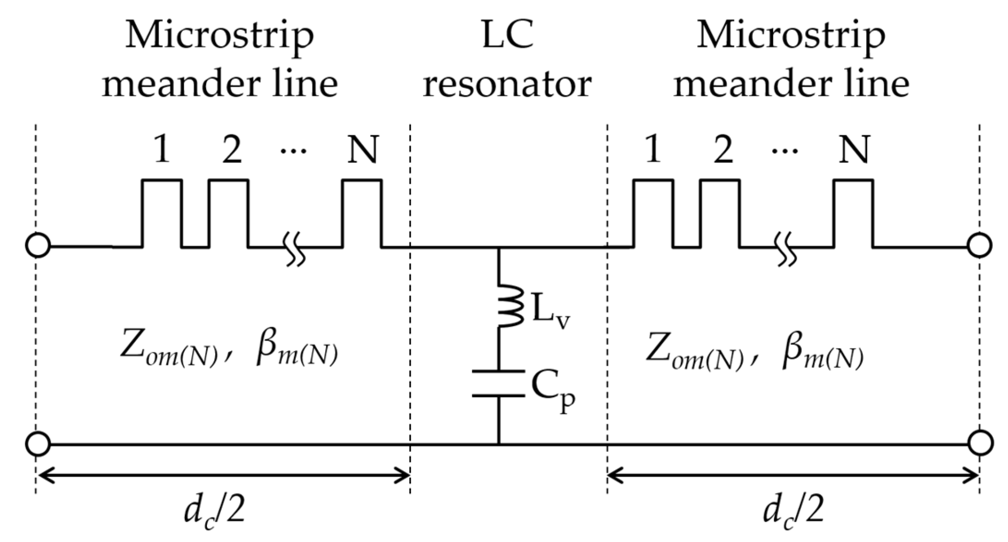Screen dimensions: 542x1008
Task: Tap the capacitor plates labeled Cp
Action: [x=498, y=383]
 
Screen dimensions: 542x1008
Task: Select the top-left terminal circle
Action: [x=38, y=245]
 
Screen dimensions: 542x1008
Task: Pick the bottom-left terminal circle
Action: [x=38, y=444]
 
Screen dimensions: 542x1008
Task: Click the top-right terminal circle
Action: [x=980, y=245]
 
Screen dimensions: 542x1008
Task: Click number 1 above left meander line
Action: [x=161, y=149]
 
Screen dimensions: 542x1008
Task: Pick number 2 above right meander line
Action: [x=723, y=149]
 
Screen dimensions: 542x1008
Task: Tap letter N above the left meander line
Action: [x=362, y=149]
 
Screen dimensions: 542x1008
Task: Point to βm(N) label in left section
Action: [x=297, y=353]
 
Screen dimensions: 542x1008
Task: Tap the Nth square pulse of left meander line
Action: [x=362, y=213]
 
